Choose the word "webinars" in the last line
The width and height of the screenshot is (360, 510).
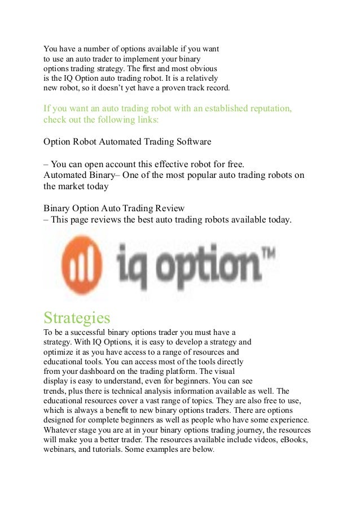coord(60,450)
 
